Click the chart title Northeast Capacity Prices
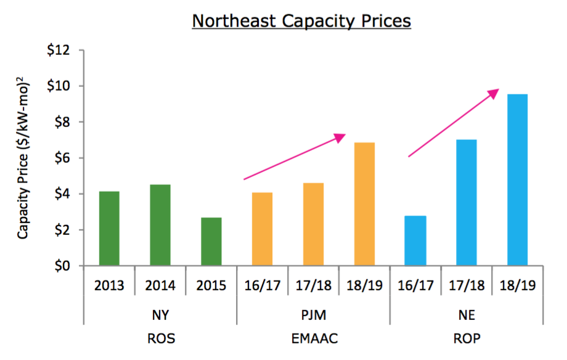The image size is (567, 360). point(301,21)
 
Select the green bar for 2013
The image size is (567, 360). point(109,229)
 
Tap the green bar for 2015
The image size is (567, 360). point(211,242)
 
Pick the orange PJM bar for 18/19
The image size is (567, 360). point(364,204)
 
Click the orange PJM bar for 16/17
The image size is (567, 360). point(262,229)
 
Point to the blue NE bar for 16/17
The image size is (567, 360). point(415,240)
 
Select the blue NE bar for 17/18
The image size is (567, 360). point(466,203)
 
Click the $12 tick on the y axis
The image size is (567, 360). point(60,50)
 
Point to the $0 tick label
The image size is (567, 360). point(63,266)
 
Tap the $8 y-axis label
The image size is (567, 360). point(63,122)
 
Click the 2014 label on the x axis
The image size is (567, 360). point(160,286)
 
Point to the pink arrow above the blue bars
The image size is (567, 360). point(454,123)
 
